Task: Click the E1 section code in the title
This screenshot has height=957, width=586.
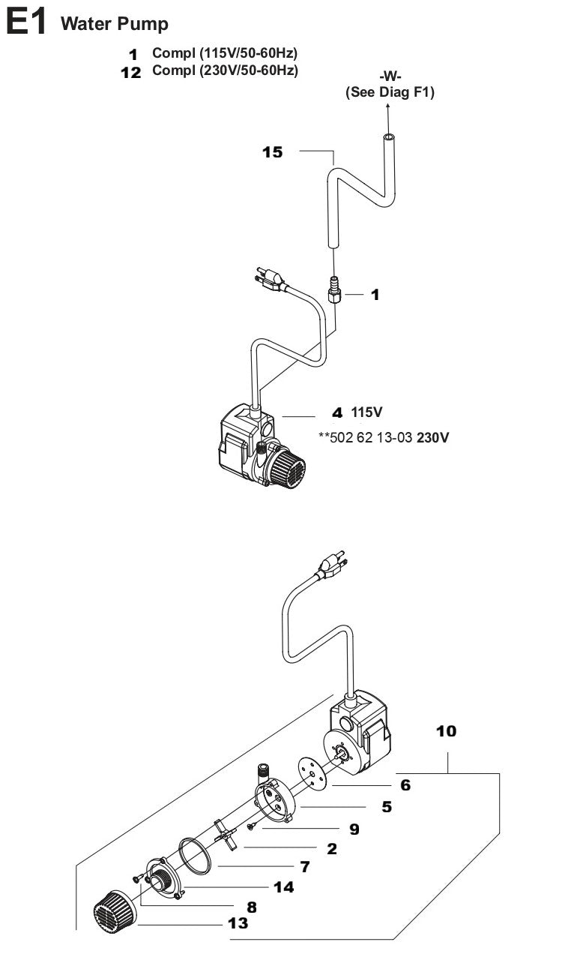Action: pyautogui.click(x=25, y=23)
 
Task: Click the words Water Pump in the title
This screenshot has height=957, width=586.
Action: pyautogui.click(x=115, y=24)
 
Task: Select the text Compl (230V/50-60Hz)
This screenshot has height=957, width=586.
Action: pyautogui.click(x=225, y=71)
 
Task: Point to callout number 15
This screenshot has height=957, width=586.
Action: pyautogui.click(x=273, y=152)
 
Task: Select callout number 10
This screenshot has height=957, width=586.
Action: pyautogui.click(x=446, y=730)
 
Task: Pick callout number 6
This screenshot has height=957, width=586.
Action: pyautogui.click(x=405, y=785)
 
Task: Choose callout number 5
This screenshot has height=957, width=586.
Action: pyautogui.click(x=387, y=807)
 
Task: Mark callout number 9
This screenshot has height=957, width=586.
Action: pyautogui.click(x=353, y=829)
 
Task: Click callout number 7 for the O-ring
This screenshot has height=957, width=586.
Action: pyautogui.click(x=304, y=867)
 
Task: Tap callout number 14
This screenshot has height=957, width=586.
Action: pyautogui.click(x=283, y=887)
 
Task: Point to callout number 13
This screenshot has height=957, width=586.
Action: pyautogui.click(x=238, y=923)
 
